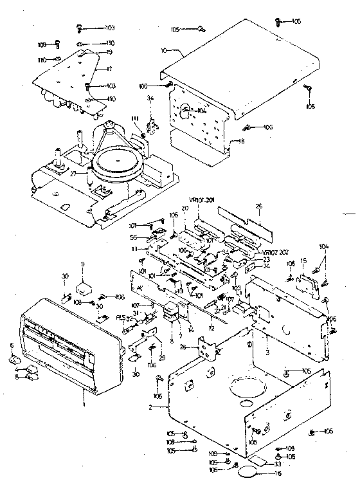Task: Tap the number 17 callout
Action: pos(109,68)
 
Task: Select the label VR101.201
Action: pos(199,200)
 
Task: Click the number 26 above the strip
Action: pos(259,206)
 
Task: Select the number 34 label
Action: pos(150,98)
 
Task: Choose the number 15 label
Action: pos(303,260)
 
